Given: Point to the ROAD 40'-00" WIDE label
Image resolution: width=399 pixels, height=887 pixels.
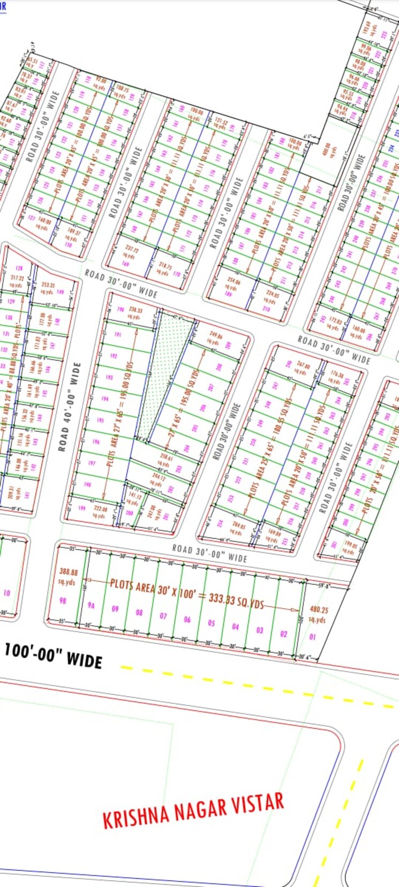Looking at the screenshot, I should click(x=70, y=407).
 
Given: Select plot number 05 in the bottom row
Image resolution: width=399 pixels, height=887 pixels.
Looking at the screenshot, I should click(x=212, y=623).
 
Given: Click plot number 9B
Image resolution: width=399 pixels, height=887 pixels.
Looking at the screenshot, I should click(x=63, y=600).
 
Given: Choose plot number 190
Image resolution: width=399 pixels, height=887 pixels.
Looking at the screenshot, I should click(x=120, y=310).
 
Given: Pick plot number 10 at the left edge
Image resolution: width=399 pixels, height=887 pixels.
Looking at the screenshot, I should click(x=6, y=593).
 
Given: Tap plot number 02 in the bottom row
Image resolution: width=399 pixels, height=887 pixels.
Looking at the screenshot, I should click(x=284, y=634).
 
